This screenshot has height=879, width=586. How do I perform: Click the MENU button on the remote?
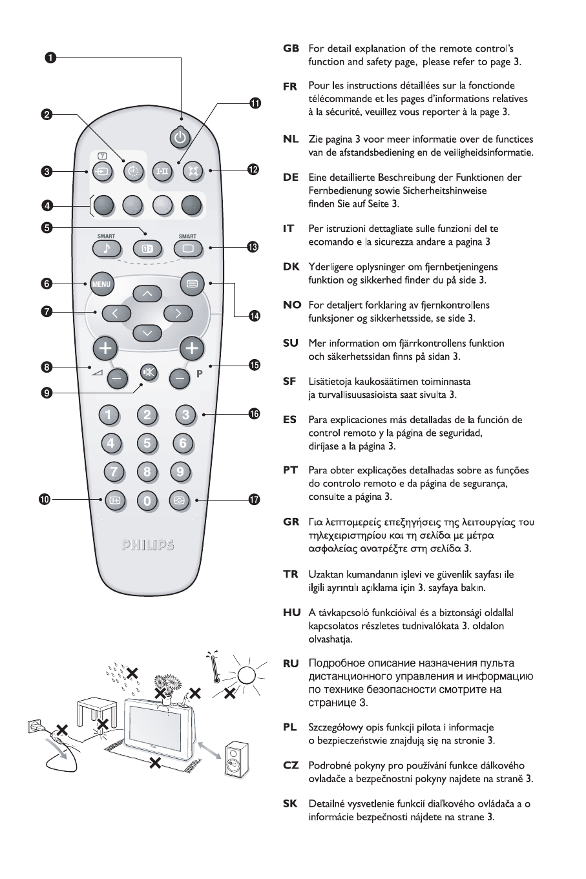coord(101,284)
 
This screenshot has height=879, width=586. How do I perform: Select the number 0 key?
coord(147,500)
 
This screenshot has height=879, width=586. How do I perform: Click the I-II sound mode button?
coord(161,171)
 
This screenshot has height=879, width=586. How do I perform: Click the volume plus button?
coord(105,349)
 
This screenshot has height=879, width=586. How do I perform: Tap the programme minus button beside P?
coord(181,378)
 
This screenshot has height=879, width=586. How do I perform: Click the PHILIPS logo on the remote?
coord(147,544)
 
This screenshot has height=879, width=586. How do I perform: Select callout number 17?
coord(254,499)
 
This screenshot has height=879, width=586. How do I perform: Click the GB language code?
coord(291,48)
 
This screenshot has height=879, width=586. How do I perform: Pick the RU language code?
coord(291,663)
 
